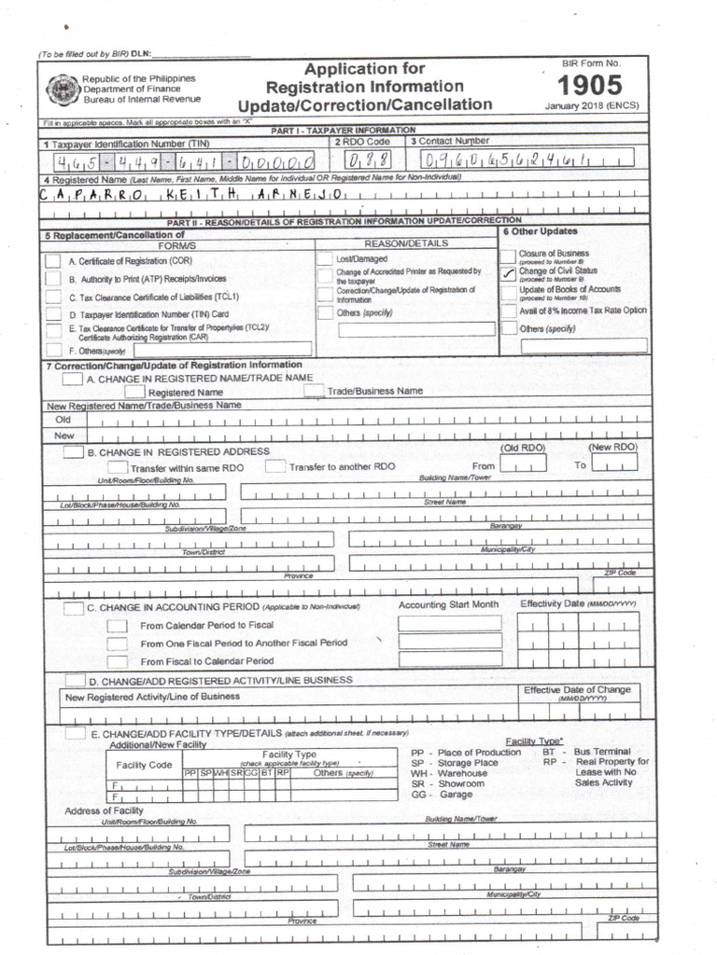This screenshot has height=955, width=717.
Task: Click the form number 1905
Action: pos(590,85)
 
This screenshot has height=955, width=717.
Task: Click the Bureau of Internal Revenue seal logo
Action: pos(62,89)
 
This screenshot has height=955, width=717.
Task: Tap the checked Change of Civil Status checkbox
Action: pos(509,272)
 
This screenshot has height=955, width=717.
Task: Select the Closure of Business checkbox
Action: pos(509,255)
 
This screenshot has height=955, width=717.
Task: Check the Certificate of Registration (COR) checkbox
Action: pos(54,262)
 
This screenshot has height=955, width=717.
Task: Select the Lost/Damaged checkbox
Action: pos(325,257)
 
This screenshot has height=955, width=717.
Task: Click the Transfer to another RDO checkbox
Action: pos(275,466)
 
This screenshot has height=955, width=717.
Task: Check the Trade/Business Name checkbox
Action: pos(315,391)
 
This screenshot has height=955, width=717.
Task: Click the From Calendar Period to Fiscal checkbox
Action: pos(117,626)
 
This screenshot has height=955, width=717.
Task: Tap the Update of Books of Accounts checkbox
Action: pos(509,291)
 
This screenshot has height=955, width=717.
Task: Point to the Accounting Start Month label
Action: pos(449,605)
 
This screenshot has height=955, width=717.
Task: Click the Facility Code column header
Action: pos(144,765)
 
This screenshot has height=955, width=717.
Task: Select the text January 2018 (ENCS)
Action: pos(591,105)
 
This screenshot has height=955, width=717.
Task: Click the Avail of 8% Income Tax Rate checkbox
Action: pos(509,311)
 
